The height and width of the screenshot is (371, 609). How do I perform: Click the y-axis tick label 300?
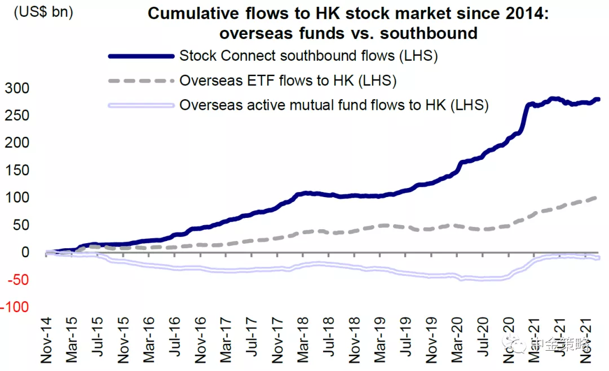pos(17,88)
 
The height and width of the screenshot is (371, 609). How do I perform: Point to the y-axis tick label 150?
pos(17,171)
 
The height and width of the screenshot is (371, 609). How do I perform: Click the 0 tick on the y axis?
pos(25,253)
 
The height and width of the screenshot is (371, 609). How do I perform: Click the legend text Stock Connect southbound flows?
pos(308,56)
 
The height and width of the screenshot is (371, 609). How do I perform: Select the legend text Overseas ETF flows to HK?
pos(288,81)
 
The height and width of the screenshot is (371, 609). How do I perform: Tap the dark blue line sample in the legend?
pos(141,56)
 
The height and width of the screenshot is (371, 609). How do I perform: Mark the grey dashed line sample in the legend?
pos(141,81)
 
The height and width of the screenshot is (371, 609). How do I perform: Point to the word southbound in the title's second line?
pos(429,33)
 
